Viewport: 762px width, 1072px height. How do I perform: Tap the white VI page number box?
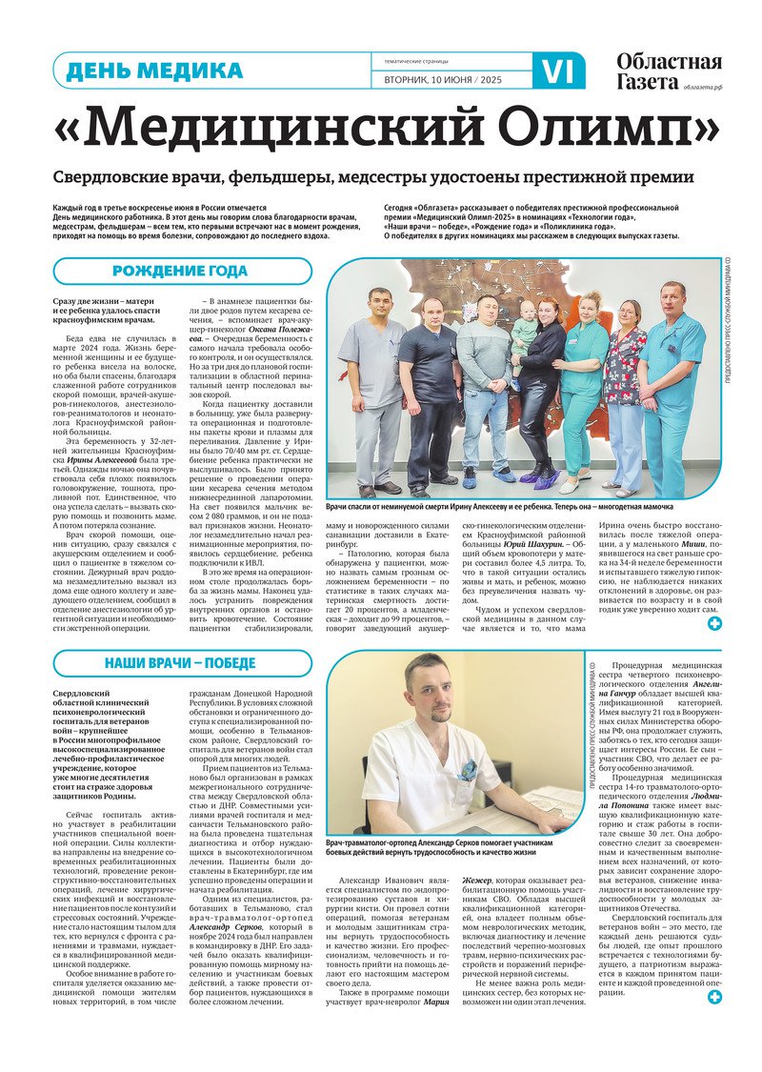tap(558, 71)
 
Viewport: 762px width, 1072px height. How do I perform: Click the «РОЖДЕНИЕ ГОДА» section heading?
tap(180, 272)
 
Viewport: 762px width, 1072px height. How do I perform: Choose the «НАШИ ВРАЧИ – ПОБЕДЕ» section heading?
tap(181, 663)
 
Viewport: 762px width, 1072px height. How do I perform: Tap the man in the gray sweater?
tap(481, 381)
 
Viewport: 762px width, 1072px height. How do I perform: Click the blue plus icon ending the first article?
tap(714, 624)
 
